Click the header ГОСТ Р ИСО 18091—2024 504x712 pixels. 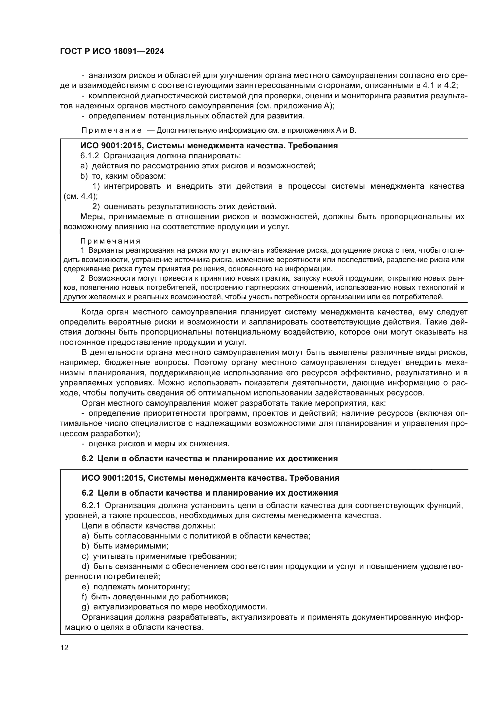[x=112, y=51]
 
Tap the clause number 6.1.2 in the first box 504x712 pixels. [x=89, y=156]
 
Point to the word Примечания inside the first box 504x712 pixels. [x=110, y=241]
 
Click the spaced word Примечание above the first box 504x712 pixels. [x=112, y=130]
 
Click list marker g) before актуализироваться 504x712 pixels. [x=85, y=607]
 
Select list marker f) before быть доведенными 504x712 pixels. [x=84, y=597]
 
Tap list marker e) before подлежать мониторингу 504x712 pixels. [x=85, y=586]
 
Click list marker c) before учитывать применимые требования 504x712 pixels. [x=85, y=556]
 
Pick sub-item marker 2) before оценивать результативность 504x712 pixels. [x=96, y=206]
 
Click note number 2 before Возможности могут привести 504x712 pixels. [x=82, y=278]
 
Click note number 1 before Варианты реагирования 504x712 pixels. [x=82, y=250]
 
